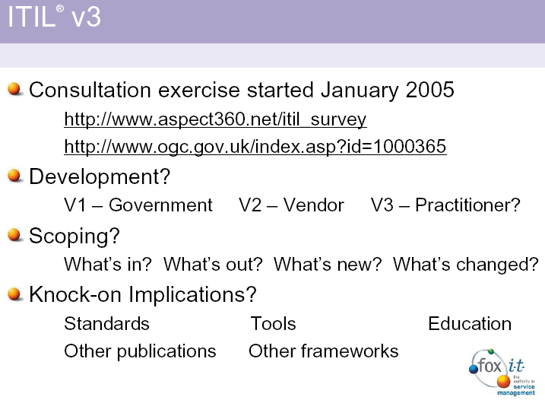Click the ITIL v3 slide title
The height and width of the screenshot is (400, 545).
tap(54, 17)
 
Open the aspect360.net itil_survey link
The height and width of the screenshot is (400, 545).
tap(215, 119)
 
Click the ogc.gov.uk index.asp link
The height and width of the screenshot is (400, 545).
tap(255, 147)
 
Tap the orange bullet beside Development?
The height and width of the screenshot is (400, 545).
tap(15, 176)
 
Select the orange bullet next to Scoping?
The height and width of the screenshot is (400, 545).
tap(15, 234)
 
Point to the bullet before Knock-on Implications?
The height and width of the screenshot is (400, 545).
tap(15, 294)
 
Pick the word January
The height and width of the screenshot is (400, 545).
tap(360, 90)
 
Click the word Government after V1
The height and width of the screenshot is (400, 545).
tap(160, 205)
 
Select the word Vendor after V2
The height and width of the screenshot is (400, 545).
tap(313, 205)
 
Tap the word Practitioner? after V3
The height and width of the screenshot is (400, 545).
tap(467, 205)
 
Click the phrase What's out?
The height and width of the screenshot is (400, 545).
tap(213, 264)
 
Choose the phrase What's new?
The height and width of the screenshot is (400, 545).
tap(328, 264)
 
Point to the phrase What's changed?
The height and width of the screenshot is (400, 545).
tap(466, 264)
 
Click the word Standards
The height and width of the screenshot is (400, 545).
tap(106, 323)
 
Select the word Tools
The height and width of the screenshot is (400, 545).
tap(273, 323)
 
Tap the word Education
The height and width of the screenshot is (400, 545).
tap(470, 323)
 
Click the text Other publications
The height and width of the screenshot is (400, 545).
tap(140, 351)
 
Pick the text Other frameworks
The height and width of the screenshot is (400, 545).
tap(323, 351)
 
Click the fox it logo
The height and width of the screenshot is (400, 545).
tap(502, 372)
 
